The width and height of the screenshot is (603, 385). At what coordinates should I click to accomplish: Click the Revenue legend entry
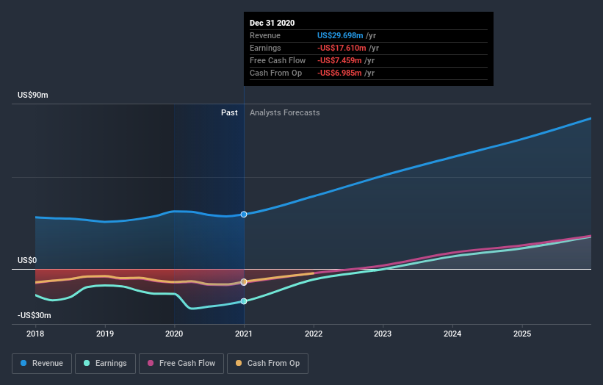(x=43, y=363)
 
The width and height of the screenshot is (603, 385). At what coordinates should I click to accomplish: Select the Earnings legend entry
(x=105, y=363)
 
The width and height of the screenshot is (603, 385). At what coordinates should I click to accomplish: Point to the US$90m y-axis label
(x=35, y=96)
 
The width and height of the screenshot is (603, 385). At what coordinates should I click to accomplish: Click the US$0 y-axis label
(x=27, y=260)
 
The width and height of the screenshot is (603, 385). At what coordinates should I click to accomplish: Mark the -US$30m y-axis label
(x=35, y=315)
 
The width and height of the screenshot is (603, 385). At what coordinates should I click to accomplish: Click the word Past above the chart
(x=229, y=112)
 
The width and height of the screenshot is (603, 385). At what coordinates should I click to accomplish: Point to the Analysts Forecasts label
(x=285, y=112)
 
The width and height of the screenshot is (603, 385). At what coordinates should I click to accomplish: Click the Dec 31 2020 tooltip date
(x=272, y=23)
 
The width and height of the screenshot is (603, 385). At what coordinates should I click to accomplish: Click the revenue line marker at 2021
(x=244, y=214)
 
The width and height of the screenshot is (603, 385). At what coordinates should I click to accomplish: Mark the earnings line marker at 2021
(x=244, y=301)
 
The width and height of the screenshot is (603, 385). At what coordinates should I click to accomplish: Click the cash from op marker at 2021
(x=244, y=281)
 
